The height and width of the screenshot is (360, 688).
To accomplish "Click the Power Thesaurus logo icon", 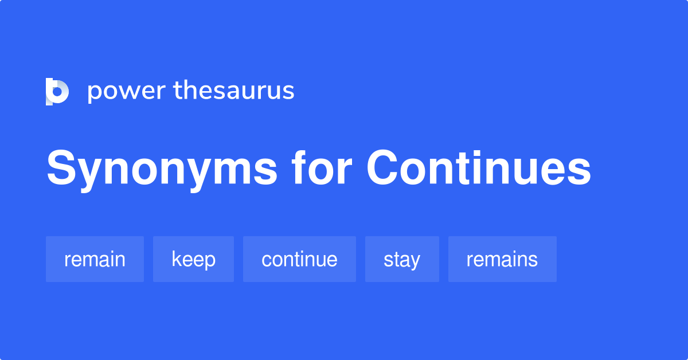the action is point(57,92).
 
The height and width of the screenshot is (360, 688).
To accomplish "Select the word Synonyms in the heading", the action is point(162,169).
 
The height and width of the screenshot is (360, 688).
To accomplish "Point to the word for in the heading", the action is point(322,168).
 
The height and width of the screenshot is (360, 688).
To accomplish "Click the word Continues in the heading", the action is point(479,168).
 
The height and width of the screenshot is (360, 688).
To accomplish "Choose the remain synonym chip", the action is point(95,259).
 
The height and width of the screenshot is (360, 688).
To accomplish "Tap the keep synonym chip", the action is point(194,259).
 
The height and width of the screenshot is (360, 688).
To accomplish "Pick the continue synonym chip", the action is point(299,259).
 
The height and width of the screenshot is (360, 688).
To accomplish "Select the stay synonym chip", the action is point(402,259).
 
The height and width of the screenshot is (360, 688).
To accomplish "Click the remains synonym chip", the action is point(502,259).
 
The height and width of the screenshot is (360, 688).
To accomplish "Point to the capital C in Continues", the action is point(382,167).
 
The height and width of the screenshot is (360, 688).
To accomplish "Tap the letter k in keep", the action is point(177,259).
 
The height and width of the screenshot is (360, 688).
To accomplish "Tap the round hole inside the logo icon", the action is point(57,91).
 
